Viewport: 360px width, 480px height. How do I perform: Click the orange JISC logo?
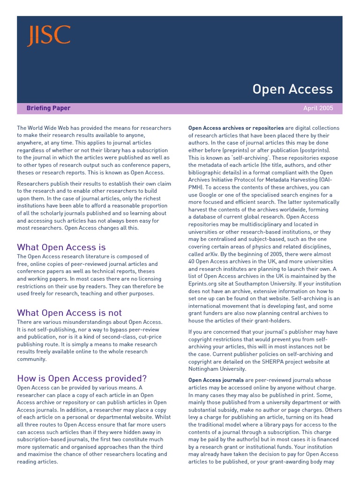(x=49, y=36)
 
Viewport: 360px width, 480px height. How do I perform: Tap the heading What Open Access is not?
(x=69, y=313)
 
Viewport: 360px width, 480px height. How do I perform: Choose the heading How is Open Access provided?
(x=82, y=378)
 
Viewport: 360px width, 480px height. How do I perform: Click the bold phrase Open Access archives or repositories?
(x=236, y=128)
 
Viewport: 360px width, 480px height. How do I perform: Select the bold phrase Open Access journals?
(x=216, y=380)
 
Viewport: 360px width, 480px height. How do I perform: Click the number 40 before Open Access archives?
(x=192, y=262)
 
